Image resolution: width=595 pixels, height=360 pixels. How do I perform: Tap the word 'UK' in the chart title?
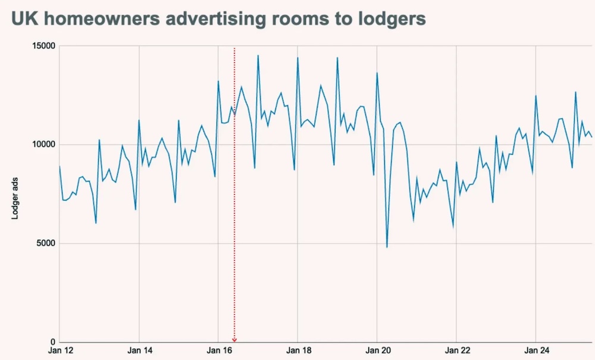click(x=24, y=18)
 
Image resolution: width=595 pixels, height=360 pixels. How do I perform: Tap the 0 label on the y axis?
click(x=52, y=342)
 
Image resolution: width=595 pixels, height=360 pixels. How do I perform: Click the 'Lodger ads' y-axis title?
click(x=15, y=193)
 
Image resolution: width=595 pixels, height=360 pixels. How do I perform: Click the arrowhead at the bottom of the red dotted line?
click(x=234, y=340)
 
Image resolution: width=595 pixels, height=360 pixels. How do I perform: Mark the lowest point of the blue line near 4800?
click(x=387, y=247)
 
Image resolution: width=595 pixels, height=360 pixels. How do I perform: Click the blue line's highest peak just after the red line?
click(x=258, y=55)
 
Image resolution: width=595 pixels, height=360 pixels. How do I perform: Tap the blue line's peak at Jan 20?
click(x=377, y=73)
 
